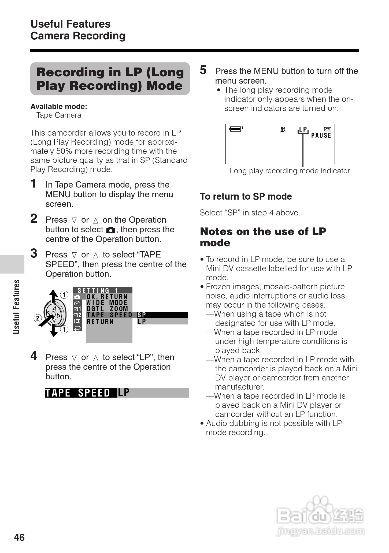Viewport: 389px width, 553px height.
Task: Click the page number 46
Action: pos(19,537)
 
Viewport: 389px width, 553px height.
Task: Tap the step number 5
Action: pos(203,70)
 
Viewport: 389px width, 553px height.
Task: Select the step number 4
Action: pos(34,356)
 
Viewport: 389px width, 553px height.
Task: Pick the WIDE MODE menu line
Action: pos(107,303)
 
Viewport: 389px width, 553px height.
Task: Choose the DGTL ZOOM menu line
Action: pos(107,309)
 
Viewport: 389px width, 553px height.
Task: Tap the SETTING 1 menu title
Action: pos(98,290)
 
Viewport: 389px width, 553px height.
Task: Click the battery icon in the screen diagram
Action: pos(235,129)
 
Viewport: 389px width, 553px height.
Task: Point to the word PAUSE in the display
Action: pos(321,136)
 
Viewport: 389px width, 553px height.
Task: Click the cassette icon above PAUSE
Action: pos(328,129)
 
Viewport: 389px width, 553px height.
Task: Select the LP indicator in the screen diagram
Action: pos(303,129)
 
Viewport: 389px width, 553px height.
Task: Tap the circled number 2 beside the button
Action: pos(38,318)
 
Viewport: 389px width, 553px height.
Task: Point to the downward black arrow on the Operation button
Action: pos(54,331)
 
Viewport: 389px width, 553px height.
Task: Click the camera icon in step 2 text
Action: pos(111,230)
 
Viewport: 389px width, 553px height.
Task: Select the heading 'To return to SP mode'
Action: pos(246,196)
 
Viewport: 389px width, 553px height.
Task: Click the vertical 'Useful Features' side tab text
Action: pos(17,307)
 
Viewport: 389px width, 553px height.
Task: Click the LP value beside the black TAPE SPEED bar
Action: pos(124,393)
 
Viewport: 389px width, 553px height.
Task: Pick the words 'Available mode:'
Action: pos(59,107)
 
